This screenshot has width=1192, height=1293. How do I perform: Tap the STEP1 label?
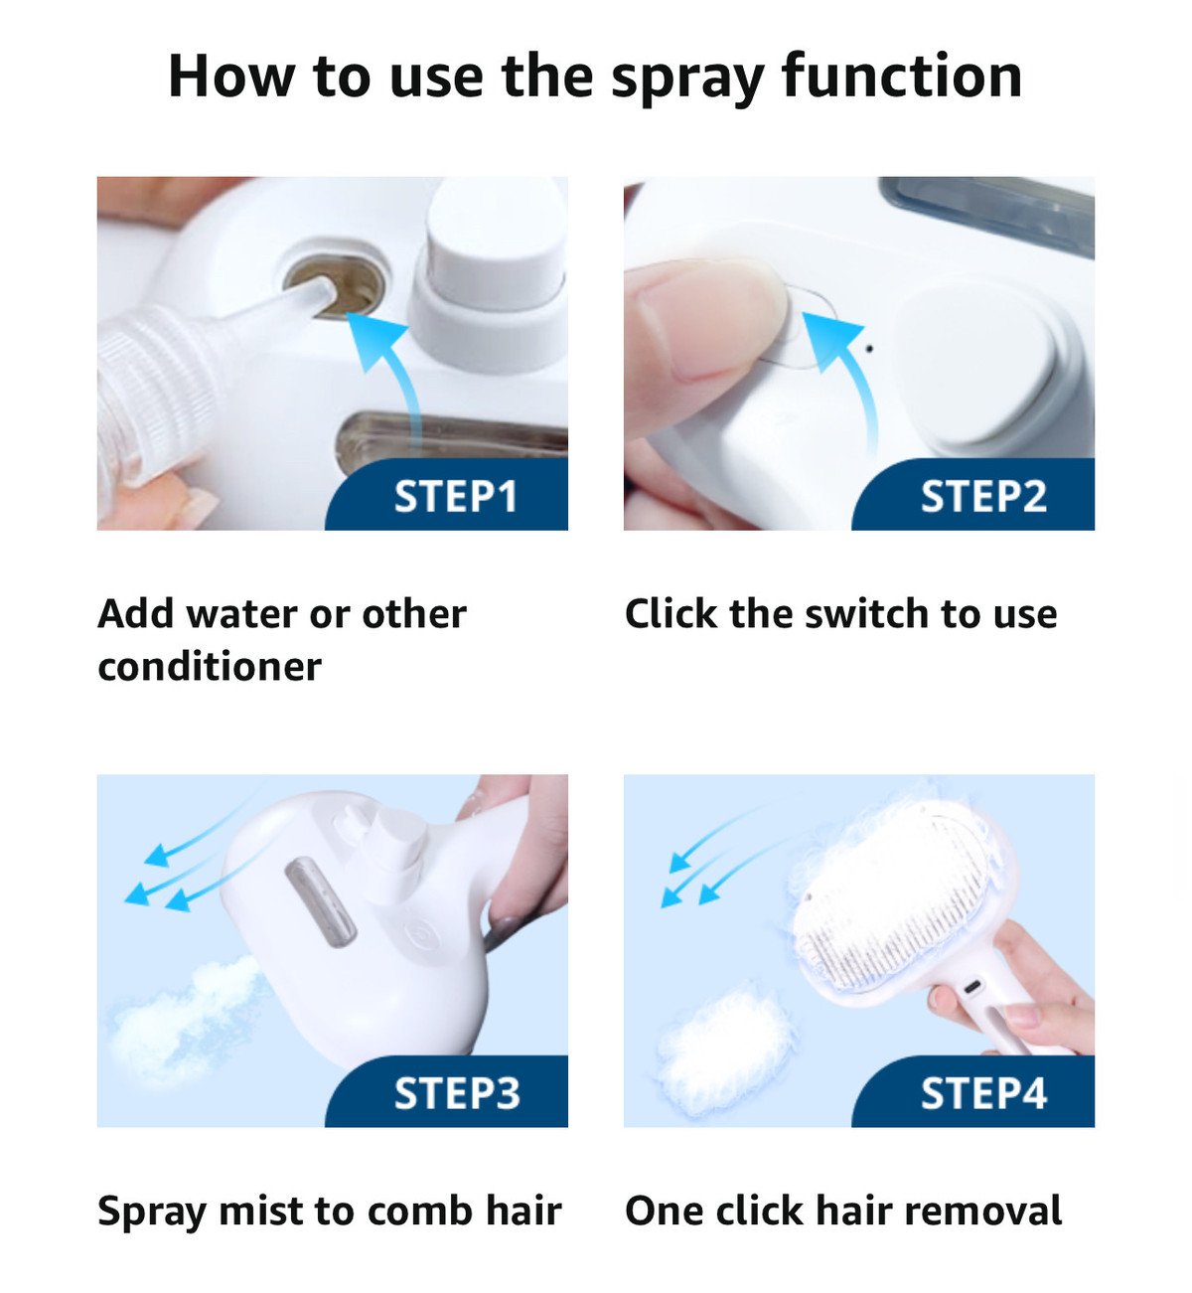(x=456, y=496)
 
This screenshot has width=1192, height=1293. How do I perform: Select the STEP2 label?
(x=982, y=496)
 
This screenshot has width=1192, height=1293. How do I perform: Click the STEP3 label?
(x=456, y=1093)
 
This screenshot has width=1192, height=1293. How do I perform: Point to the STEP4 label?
(x=982, y=1093)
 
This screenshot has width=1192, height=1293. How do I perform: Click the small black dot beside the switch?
(x=870, y=349)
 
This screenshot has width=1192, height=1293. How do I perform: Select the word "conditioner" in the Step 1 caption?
(x=210, y=666)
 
